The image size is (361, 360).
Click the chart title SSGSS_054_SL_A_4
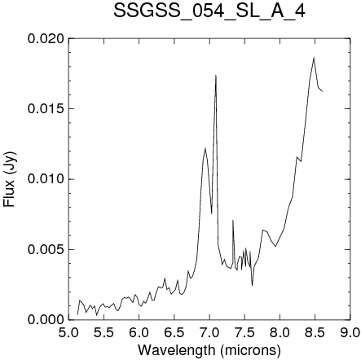209,11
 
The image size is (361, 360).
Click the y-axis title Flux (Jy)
10,179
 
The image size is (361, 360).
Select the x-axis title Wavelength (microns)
209,350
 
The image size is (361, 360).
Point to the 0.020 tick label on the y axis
46,38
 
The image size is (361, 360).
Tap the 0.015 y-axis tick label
46,108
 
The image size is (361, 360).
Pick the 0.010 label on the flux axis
46,179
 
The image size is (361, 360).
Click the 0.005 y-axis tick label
46,249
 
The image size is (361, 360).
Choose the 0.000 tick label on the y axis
46,319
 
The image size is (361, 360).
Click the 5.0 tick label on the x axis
68,332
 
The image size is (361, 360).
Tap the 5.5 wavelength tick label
103,332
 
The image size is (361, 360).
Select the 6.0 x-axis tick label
139,332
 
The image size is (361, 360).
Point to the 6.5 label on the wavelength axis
174,332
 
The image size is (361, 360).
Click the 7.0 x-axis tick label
209,332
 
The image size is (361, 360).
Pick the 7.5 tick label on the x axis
244,332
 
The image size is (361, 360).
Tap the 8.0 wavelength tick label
280,332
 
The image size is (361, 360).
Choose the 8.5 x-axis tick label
315,332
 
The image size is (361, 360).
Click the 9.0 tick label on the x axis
350,332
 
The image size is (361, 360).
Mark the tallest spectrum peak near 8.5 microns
314,57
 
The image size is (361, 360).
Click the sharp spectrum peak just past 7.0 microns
216,75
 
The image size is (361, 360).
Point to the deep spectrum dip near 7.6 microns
252,285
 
